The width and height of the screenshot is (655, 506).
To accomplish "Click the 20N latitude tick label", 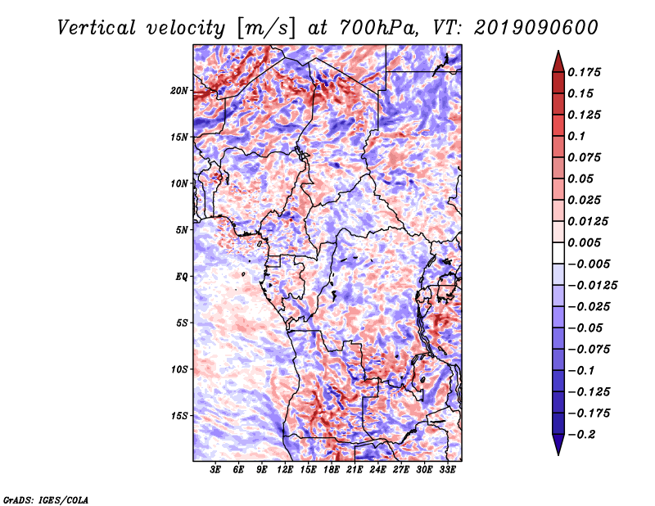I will click(x=179, y=90).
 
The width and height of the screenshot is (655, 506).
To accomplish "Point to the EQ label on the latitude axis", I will click(x=182, y=277).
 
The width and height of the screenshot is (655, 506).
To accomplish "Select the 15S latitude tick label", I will click(x=179, y=416).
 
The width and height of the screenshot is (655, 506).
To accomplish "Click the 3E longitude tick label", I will click(x=216, y=471).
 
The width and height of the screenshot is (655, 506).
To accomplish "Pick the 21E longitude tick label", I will click(x=355, y=471).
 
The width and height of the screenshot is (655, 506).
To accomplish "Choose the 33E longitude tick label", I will click(x=446, y=471).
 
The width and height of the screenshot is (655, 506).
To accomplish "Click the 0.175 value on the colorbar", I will click(x=585, y=72).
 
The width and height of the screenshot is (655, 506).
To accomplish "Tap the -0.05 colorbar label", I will click(x=585, y=328).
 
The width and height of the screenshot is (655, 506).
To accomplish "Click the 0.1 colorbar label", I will click(x=576, y=136).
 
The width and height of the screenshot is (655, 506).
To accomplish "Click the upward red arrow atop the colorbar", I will click(x=557, y=60).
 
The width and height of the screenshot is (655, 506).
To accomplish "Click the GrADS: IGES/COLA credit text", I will click(x=45, y=499).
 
